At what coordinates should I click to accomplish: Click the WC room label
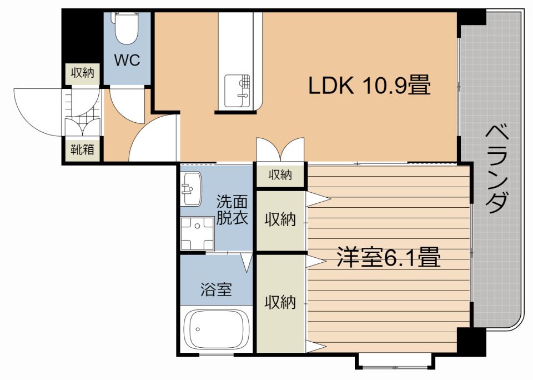coord(127,59)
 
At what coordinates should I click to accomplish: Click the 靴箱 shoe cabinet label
coord(82,149)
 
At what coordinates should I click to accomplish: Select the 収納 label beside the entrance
coord(82,72)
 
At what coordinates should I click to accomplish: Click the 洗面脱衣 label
coord(232,209)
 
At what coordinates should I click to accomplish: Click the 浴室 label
coord(216,289)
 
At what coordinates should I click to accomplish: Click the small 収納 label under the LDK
coord(280,175)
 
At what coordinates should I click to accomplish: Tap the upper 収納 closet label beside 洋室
coord(280,219)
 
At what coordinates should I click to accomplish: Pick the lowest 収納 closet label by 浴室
coord(280,302)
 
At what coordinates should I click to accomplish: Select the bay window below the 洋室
coord(395,361)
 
